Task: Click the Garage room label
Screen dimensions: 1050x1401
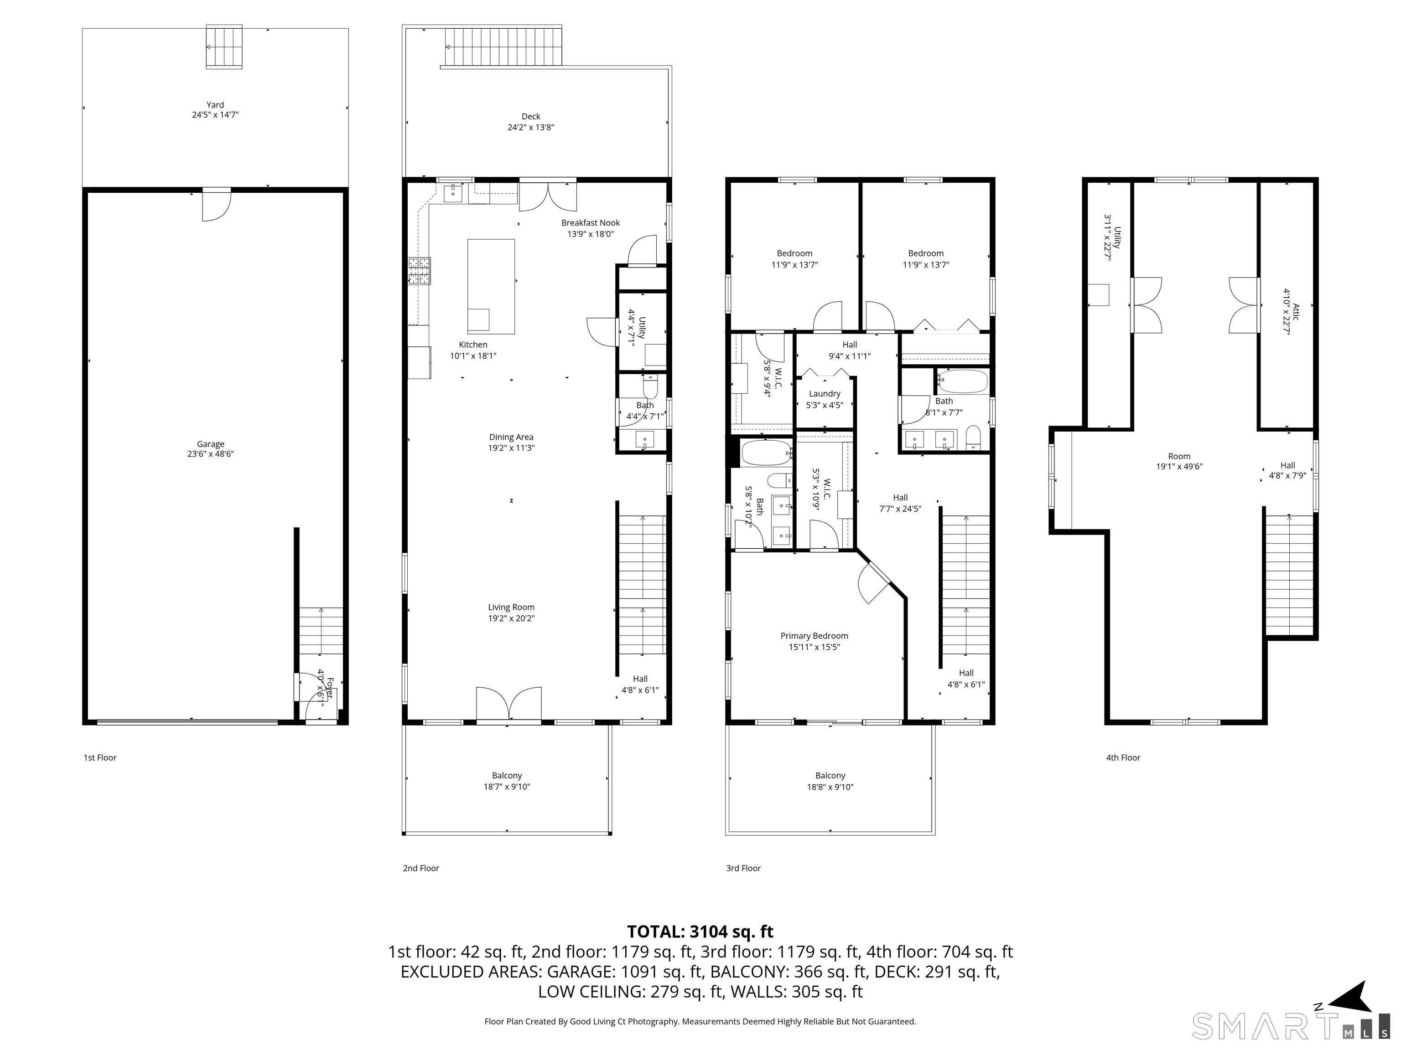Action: tap(210, 444)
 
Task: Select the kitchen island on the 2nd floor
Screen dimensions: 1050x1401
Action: tap(491, 286)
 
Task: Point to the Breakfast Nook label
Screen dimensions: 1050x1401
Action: tap(590, 223)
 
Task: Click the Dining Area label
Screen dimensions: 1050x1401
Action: tap(511, 437)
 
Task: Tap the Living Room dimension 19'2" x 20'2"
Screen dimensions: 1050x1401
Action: tap(511, 618)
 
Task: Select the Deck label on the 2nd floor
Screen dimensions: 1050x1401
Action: tap(531, 117)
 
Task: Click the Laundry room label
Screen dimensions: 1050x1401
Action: tap(824, 394)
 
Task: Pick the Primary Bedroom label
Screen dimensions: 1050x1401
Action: tap(814, 636)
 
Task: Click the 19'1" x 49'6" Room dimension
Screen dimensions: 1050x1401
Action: tap(1179, 467)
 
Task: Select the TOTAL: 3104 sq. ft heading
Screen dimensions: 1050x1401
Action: tap(700, 932)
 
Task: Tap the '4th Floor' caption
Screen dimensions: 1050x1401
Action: tap(1123, 757)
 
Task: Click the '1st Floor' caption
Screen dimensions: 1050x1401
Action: tap(100, 757)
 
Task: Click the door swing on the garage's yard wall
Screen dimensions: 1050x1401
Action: tap(216, 206)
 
